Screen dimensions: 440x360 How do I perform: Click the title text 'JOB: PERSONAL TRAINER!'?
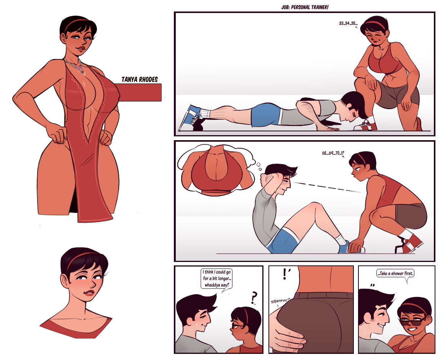point(305,7)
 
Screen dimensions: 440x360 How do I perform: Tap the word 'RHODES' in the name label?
point(149,80)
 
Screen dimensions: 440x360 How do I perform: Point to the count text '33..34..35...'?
point(348,23)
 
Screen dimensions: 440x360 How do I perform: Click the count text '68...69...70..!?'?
point(333,153)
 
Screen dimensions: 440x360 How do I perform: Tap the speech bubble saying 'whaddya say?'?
point(217,279)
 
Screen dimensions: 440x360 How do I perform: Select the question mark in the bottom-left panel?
point(254,298)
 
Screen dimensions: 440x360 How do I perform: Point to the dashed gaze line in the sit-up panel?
point(327,187)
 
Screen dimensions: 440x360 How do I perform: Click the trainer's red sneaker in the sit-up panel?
point(410,243)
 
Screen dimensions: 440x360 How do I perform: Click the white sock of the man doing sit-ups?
point(340,239)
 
